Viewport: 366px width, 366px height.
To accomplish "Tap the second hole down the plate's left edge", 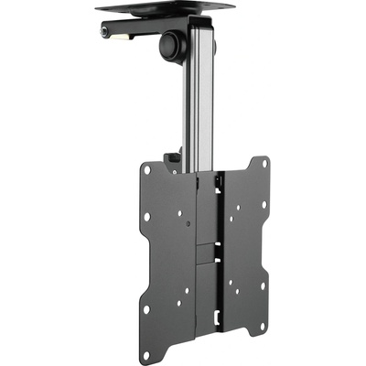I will coord(146,218).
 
